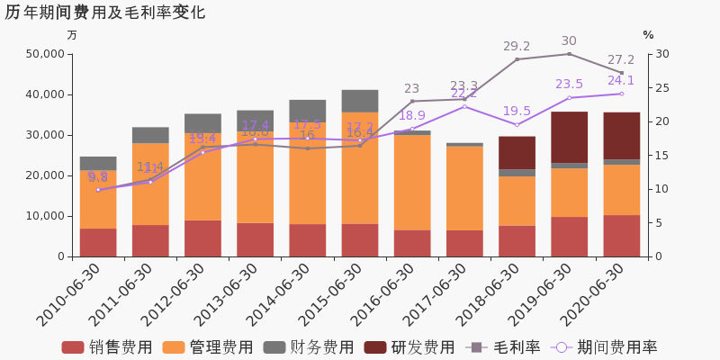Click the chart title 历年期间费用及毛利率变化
tap(104, 13)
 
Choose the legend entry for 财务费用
tap(310, 347)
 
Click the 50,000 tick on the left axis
tap(42, 54)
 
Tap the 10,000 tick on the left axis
tap(42, 216)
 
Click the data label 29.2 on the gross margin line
tap(517, 46)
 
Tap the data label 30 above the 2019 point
tap(569, 41)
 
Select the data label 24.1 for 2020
tap(621, 81)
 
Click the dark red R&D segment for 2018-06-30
tap(517, 153)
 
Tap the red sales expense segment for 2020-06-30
tap(621, 236)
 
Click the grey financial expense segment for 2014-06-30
tap(308, 111)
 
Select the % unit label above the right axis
tap(648, 35)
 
